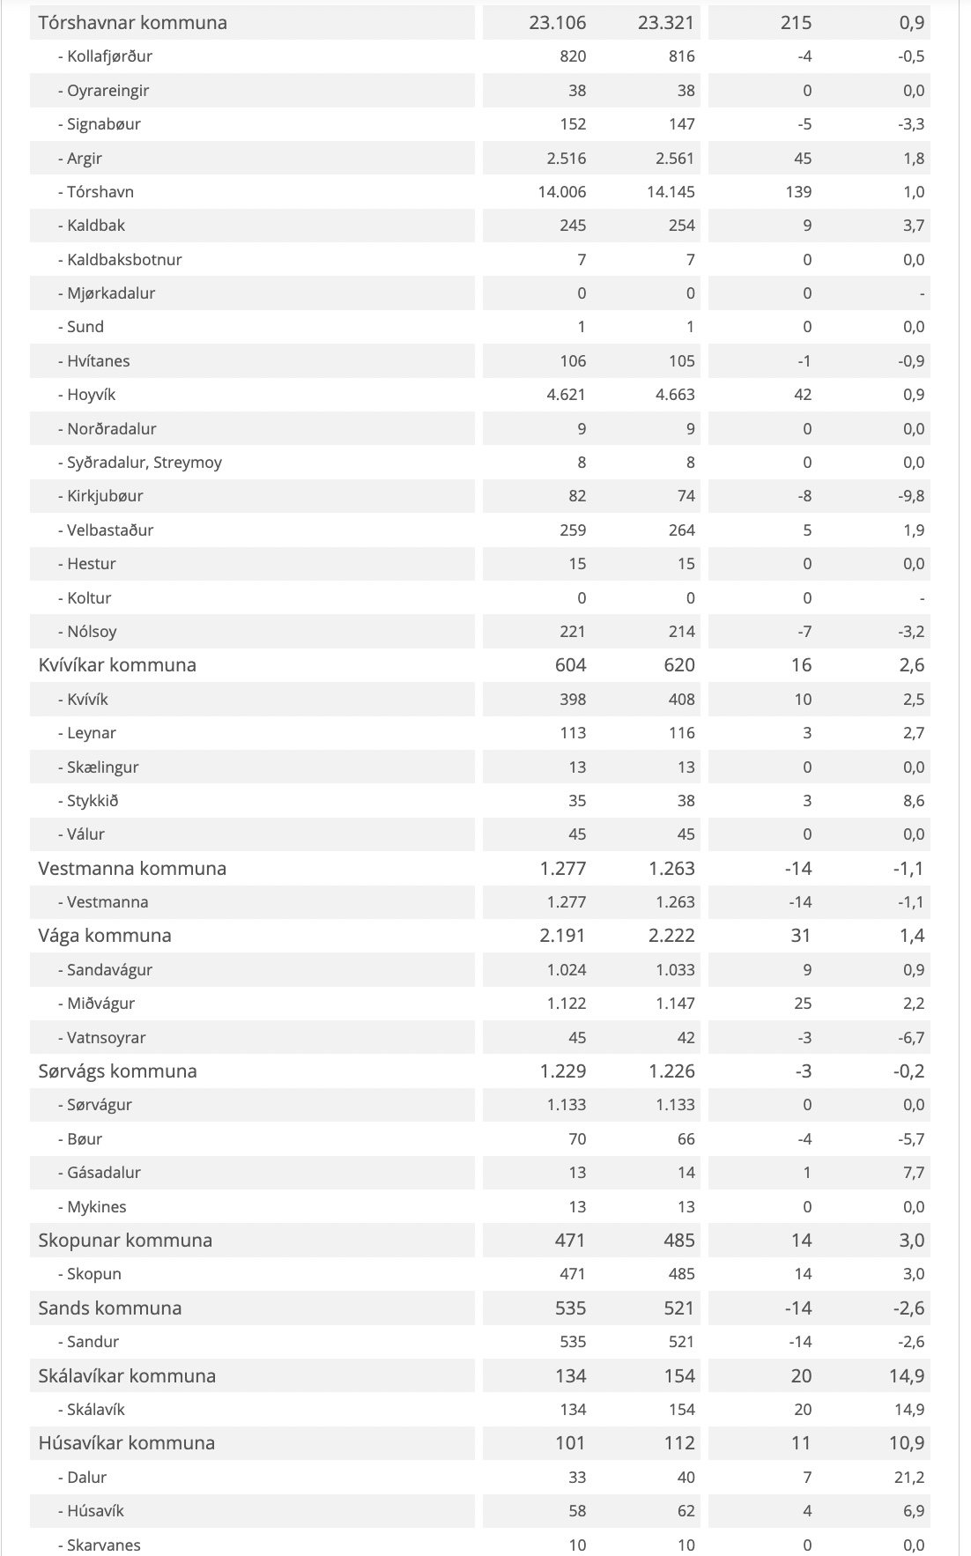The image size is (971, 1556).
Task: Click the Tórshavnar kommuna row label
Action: (x=132, y=23)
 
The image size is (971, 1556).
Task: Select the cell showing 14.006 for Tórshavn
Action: (x=562, y=192)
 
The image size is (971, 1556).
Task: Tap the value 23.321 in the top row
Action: (x=666, y=23)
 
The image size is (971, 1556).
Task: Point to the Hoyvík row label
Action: (x=91, y=395)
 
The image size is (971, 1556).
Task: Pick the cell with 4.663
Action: (x=675, y=395)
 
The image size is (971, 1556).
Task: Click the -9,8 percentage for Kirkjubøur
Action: (x=912, y=496)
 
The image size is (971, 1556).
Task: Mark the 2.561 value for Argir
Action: (x=675, y=159)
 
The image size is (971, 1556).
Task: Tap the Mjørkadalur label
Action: (x=111, y=293)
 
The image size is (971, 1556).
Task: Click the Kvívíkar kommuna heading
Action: (x=117, y=665)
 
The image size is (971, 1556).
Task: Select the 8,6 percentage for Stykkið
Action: (x=914, y=801)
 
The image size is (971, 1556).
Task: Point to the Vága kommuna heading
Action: (x=105, y=936)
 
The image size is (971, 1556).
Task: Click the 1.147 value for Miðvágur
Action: (x=675, y=1004)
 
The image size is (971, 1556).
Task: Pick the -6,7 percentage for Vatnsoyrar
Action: (x=912, y=1038)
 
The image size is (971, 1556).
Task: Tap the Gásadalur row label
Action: (x=104, y=1173)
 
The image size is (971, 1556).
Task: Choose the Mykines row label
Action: (x=96, y=1207)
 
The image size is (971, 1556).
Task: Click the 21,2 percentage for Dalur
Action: (x=909, y=1478)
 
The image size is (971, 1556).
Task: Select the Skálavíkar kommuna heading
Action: (x=127, y=1376)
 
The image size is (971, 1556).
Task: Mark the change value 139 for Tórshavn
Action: (x=798, y=192)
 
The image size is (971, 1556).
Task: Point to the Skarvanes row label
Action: (x=103, y=1545)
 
